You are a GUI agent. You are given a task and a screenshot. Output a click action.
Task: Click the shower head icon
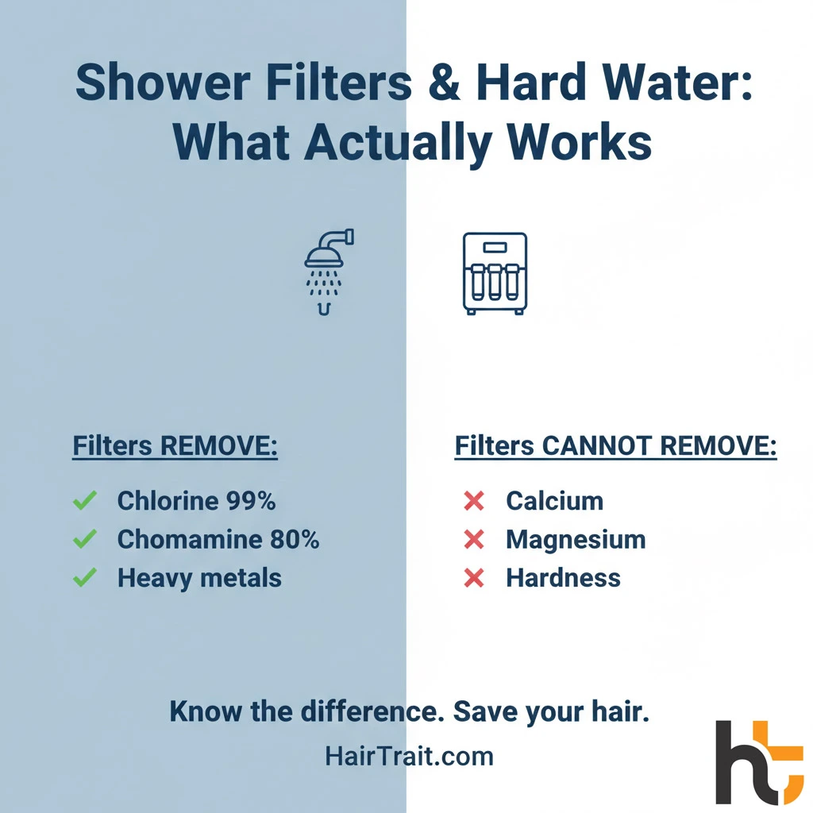[328, 270]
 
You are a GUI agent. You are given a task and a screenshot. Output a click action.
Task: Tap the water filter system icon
[495, 272]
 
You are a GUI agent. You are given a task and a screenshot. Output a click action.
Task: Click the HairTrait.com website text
[409, 756]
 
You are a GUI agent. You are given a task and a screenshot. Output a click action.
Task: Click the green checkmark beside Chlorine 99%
[84, 501]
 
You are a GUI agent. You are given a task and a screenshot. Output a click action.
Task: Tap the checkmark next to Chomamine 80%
[84, 540]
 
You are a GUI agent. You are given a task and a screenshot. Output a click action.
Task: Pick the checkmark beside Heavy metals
[84, 578]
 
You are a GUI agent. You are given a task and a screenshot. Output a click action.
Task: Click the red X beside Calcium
[474, 501]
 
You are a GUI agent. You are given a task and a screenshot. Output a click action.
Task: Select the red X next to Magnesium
[474, 540]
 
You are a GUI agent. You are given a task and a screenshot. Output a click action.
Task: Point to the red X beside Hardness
[474, 578]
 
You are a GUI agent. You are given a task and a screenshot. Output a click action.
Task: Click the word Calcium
[554, 501]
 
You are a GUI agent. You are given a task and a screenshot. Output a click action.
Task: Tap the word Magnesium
[576, 540]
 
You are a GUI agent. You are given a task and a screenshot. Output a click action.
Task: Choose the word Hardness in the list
[563, 578]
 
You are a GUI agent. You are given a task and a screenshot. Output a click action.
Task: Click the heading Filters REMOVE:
[175, 447]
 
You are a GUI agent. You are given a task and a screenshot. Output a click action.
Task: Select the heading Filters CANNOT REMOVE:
[615, 447]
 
